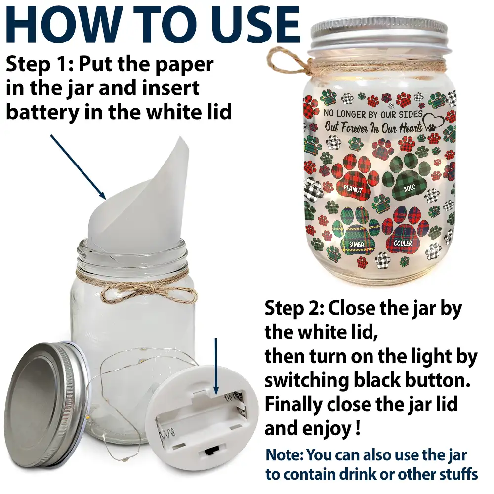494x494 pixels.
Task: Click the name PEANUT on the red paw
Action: [353, 189]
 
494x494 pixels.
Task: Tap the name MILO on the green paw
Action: [410, 188]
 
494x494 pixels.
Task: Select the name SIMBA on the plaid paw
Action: [357, 244]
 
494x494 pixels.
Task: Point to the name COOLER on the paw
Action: [403, 243]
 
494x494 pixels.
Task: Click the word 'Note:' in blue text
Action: [285, 455]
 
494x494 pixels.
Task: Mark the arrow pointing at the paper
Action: [78, 167]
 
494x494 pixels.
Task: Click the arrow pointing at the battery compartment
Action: [216, 366]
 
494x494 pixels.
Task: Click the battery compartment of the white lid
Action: [202, 416]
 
